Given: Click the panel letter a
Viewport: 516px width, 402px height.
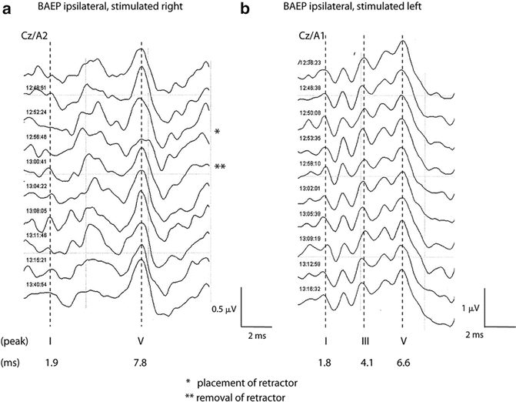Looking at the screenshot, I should point(8,10).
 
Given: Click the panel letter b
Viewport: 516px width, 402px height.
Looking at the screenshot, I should point(265,10).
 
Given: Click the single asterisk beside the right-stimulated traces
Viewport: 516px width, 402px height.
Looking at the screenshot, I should point(218,133).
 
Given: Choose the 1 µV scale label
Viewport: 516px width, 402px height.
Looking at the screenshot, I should point(469,307).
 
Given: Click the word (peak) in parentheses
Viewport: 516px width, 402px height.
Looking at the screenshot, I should point(15,340).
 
